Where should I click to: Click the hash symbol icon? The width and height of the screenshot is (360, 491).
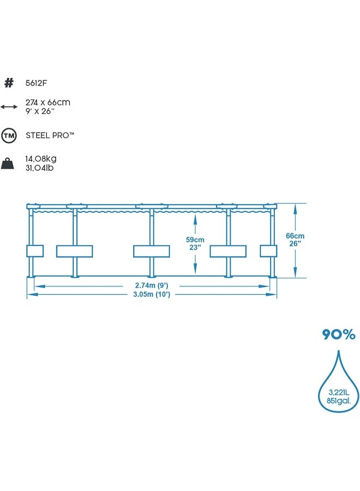click(x=9, y=83)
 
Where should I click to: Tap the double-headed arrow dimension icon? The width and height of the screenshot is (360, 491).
click(x=9, y=106)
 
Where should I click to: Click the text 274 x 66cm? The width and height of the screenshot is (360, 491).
click(x=48, y=102)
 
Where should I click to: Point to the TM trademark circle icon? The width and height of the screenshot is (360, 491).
click(x=9, y=135)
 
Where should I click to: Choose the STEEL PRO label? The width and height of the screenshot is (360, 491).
click(x=50, y=135)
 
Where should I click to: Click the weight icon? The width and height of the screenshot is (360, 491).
click(x=9, y=163)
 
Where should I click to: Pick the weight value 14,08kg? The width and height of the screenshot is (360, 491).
click(x=41, y=159)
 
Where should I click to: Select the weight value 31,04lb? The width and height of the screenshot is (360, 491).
click(x=39, y=167)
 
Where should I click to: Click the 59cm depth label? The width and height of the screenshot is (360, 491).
click(x=195, y=239)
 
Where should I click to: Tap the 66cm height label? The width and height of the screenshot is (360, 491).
click(x=295, y=236)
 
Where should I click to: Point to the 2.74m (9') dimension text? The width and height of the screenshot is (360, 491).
click(x=152, y=285)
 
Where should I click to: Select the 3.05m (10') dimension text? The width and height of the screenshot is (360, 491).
click(x=152, y=295)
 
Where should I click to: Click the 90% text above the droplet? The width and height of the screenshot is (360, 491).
click(x=338, y=334)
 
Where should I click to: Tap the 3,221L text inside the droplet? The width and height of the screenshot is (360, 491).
click(x=339, y=391)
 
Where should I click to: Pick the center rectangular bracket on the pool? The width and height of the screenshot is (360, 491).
click(x=152, y=251)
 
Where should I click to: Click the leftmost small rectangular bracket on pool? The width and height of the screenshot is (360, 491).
click(x=34, y=251)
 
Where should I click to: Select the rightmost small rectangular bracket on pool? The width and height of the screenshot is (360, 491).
click(x=268, y=251)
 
